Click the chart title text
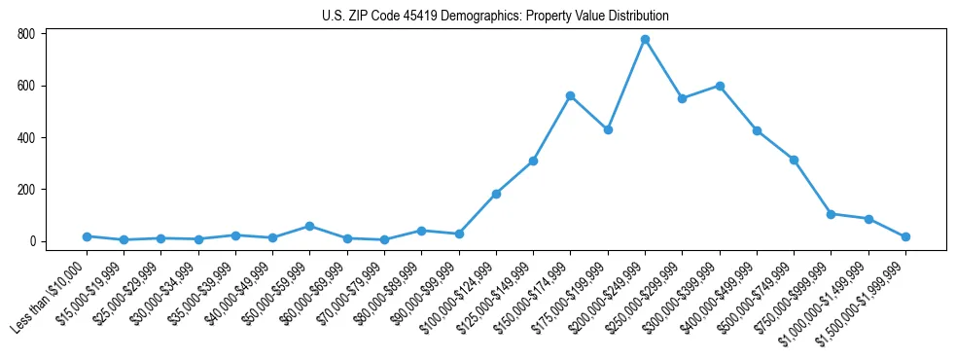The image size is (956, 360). [x=495, y=17]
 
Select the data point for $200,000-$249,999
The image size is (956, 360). [x=645, y=40]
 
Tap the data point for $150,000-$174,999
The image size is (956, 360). [x=570, y=96]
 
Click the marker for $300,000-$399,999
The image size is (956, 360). [x=720, y=86]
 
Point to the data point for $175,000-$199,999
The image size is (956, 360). [x=608, y=129]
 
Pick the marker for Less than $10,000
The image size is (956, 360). [x=87, y=236]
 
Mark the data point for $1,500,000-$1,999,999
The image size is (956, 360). [x=905, y=236]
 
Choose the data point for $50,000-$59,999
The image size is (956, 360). [x=309, y=226]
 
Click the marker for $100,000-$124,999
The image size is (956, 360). [x=496, y=194]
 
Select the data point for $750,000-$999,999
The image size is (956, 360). [x=831, y=214]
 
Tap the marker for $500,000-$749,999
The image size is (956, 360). [x=794, y=160]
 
